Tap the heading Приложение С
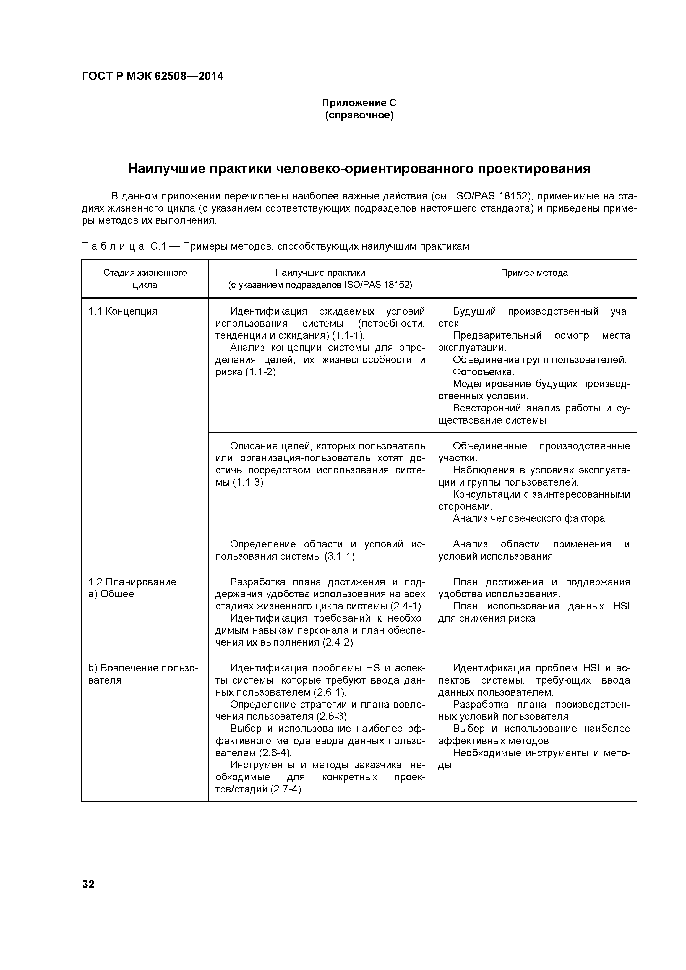pos(359,103)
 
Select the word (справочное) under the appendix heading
pos(359,115)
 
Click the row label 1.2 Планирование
pos(132,582)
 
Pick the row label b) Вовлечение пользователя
pos(143,674)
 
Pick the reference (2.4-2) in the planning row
pos(338,643)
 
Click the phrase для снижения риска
pos(487,619)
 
